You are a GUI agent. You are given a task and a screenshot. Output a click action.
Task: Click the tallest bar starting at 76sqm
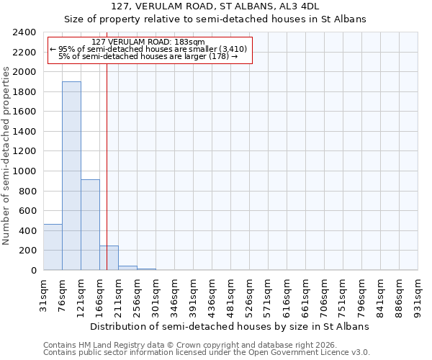[71, 176]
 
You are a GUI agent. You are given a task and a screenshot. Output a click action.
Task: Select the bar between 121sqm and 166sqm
[90, 225]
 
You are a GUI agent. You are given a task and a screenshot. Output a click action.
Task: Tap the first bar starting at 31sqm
[53, 247]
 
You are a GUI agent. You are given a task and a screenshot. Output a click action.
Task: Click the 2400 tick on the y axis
[25, 32]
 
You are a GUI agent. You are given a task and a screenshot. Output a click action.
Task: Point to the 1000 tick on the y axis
[25, 171]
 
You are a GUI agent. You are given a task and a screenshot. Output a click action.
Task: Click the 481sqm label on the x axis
[231, 294]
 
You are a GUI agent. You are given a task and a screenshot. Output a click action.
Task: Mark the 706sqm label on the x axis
[325, 294]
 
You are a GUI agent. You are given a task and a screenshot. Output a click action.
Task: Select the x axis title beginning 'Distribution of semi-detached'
[230, 326]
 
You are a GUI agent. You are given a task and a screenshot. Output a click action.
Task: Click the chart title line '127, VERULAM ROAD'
[215, 6]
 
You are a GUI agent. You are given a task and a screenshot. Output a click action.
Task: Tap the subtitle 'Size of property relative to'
[215, 19]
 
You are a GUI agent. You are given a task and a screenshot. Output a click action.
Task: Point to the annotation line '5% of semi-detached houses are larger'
[148, 56]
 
